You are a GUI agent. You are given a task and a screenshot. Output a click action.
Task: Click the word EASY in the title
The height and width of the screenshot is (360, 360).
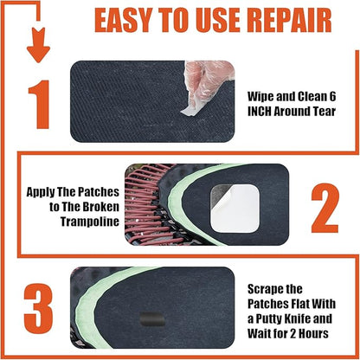tap(123, 20)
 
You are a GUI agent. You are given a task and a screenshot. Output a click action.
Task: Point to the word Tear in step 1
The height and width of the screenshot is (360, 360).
tap(331, 112)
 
